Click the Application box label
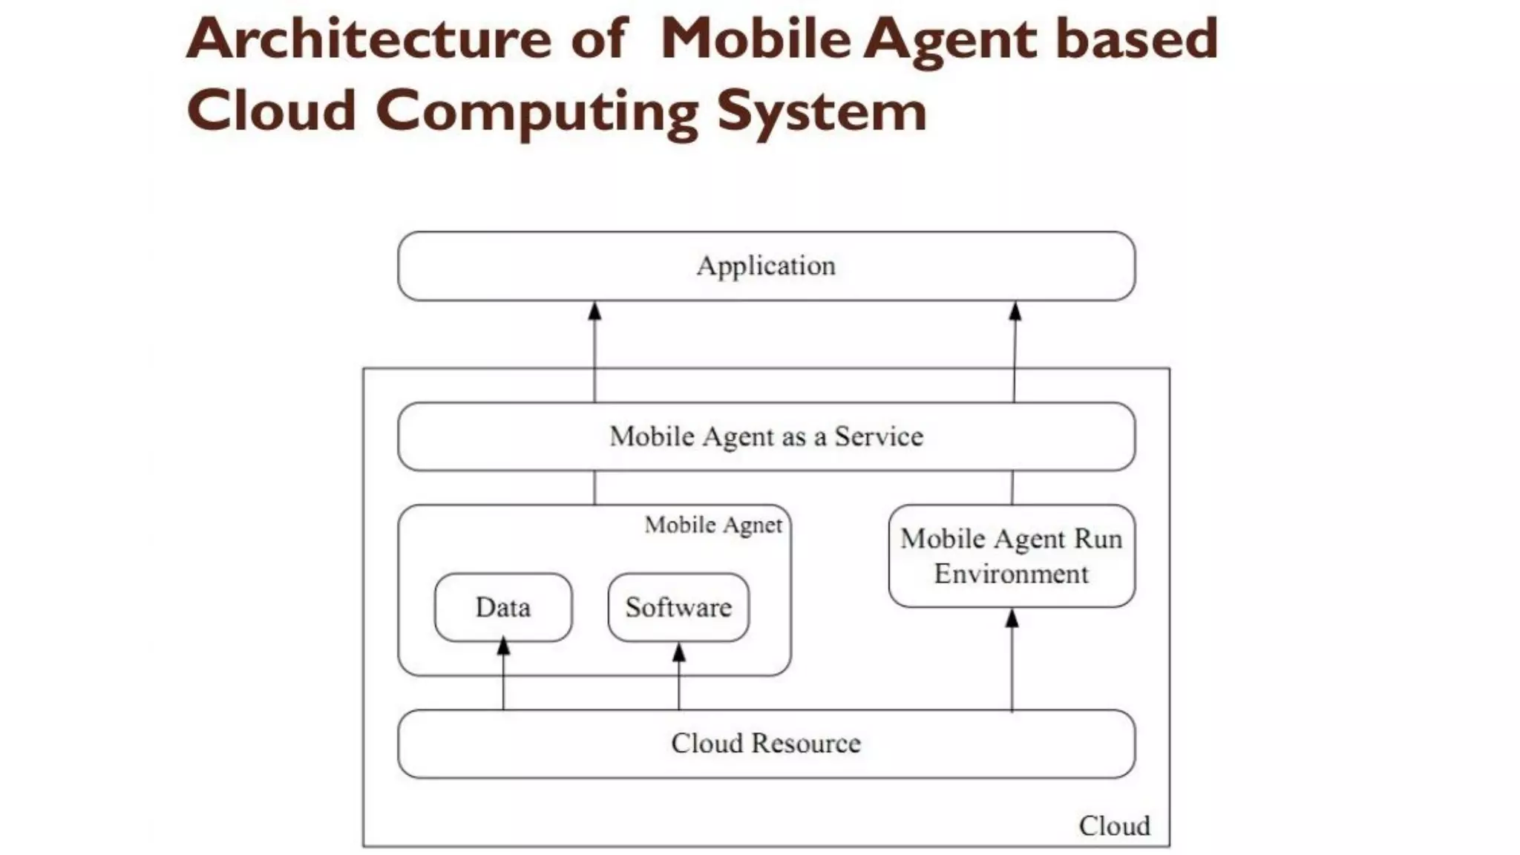point(766,266)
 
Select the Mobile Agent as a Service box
point(766,436)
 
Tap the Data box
point(503,607)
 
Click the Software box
point(678,607)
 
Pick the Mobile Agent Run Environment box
point(1012,556)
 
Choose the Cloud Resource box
point(766,743)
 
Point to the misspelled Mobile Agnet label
point(713,525)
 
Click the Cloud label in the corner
point(1114,825)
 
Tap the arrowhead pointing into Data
point(503,646)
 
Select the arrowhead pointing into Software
point(678,652)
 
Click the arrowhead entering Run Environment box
point(1012,617)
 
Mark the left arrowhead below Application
point(594,311)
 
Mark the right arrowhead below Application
point(1015,311)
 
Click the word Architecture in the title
point(369,39)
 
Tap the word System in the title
point(822,111)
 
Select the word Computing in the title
point(537,111)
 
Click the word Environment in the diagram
point(1012,574)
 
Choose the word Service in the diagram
point(879,436)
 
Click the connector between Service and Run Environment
point(1012,488)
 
